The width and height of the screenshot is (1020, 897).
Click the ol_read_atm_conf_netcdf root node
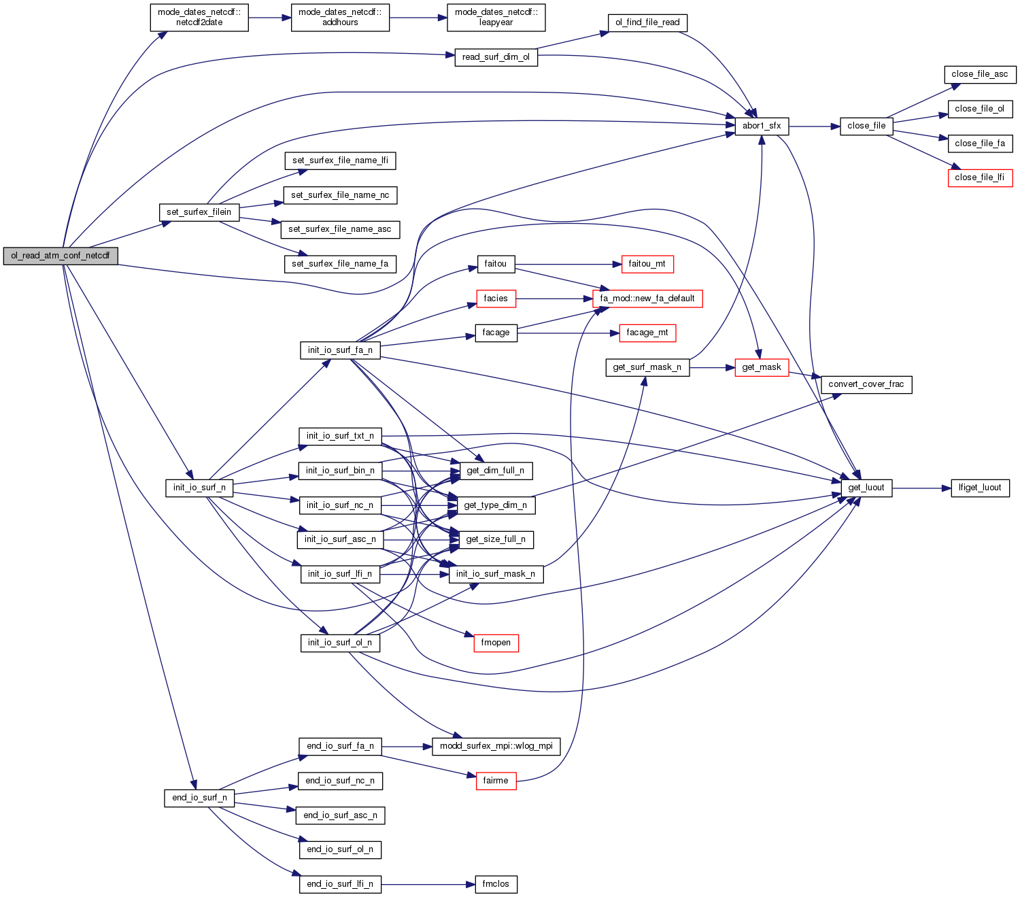(x=60, y=256)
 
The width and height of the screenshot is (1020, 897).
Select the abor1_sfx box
(x=762, y=126)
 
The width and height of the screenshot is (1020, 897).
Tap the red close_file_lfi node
(x=980, y=177)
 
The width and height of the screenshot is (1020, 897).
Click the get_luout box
(x=866, y=488)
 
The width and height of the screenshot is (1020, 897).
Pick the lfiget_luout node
(x=980, y=488)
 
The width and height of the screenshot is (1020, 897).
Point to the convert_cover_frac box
(x=866, y=384)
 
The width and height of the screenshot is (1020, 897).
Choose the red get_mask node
(x=762, y=367)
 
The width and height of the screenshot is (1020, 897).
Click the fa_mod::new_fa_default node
(x=647, y=299)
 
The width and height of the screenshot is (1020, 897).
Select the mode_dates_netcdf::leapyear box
(x=496, y=18)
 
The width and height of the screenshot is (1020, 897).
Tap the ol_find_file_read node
(x=647, y=22)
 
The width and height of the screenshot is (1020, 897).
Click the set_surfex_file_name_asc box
(x=340, y=229)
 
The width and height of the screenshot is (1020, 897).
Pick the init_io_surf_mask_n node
(x=496, y=574)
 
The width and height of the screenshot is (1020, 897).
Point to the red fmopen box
(x=496, y=643)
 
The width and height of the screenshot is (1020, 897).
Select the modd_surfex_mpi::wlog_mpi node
(x=496, y=746)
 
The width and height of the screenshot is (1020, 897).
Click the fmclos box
(x=496, y=884)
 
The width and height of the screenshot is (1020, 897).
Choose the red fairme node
(x=496, y=781)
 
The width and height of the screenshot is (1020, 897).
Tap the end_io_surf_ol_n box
(x=340, y=849)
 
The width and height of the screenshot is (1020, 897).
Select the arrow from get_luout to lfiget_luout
(x=921, y=488)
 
